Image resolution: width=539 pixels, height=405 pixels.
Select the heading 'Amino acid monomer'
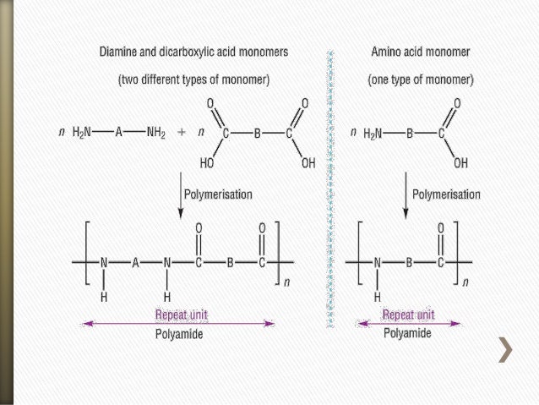pyautogui.click(x=421, y=52)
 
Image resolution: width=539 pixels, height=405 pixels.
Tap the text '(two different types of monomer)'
pyautogui.click(x=193, y=80)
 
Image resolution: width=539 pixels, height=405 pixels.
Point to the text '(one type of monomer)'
pyautogui.click(x=421, y=80)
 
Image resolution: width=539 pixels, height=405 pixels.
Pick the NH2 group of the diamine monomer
pyautogui.click(x=156, y=133)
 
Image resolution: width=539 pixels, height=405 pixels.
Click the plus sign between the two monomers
pyautogui.click(x=182, y=133)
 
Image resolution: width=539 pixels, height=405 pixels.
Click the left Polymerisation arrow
pyautogui.click(x=180, y=196)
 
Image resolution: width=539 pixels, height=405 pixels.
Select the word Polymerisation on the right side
pyautogui.click(x=446, y=194)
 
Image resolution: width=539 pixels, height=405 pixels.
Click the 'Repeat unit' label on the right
pyautogui.click(x=410, y=315)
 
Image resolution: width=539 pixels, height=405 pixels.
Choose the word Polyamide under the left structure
pyautogui.click(x=179, y=333)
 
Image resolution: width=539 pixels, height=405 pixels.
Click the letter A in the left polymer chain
pyautogui.click(x=135, y=262)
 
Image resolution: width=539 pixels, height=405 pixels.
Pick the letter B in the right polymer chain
pyautogui.click(x=408, y=262)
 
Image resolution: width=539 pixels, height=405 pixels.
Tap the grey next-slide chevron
pyautogui.click(x=504, y=350)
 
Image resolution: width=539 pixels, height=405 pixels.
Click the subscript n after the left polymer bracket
pyautogui.click(x=286, y=282)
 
